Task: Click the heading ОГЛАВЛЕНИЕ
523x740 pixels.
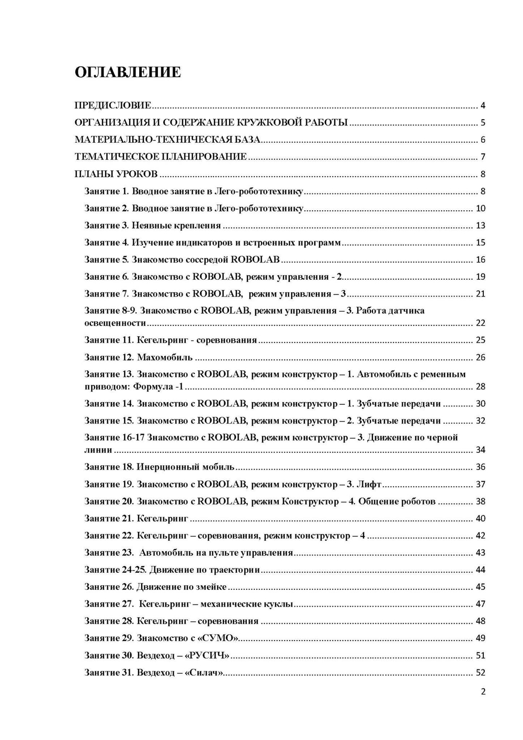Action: tap(128, 72)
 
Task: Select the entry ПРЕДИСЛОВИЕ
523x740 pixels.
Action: tap(113, 106)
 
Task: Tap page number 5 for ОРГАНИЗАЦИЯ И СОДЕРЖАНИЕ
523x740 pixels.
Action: tap(483, 123)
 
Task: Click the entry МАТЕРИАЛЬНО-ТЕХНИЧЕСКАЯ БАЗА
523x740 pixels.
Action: tap(167, 140)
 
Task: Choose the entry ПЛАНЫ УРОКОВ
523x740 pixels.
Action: tap(116, 174)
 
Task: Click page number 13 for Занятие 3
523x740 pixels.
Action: tap(480, 225)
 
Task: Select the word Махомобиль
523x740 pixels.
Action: tap(165, 358)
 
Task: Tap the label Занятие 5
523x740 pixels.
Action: tap(107, 260)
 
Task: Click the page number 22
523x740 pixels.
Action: tap(480, 323)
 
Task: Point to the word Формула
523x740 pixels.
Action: tap(152, 387)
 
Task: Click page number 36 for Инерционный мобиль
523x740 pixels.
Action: tap(480, 467)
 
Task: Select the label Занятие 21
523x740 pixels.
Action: tap(109, 519)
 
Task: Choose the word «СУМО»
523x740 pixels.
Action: tap(222, 639)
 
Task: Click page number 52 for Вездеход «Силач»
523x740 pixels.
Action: tap(480, 673)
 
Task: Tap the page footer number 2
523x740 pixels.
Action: tap(483, 692)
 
